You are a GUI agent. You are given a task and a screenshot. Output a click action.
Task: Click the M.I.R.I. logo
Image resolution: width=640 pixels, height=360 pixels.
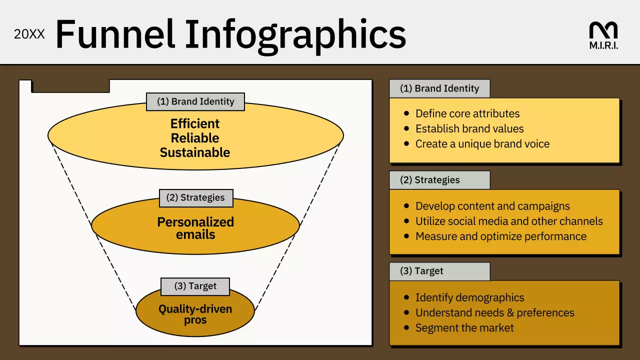[x=603, y=35]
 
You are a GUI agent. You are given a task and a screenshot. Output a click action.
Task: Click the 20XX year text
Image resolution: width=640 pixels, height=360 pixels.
[x=29, y=34]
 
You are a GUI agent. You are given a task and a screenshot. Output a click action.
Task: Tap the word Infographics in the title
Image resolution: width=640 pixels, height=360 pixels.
[x=295, y=33]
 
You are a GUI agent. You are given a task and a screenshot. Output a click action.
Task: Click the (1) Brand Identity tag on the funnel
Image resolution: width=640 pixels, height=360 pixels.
[x=195, y=101]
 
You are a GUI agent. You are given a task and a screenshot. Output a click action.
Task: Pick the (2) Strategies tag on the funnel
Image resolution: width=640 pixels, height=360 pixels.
[x=195, y=197]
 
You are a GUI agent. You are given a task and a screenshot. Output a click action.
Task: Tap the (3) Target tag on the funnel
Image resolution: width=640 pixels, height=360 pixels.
[x=195, y=286]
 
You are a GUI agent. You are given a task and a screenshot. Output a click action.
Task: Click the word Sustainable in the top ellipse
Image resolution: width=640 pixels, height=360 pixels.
[x=195, y=152]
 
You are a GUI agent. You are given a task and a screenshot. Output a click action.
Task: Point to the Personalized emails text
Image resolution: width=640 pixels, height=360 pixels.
[x=195, y=228]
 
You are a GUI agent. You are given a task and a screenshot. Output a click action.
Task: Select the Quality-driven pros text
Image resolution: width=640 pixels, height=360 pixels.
[x=195, y=314]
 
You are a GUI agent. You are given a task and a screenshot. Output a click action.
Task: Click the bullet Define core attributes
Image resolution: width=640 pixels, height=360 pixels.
[x=467, y=113]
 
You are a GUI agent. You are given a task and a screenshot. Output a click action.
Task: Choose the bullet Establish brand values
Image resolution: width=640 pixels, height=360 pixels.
[x=469, y=128]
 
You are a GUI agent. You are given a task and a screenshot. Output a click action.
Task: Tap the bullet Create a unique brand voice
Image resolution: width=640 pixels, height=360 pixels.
[x=482, y=144]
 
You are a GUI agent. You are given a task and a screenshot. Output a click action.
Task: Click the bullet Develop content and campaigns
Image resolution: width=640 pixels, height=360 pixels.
[x=492, y=206]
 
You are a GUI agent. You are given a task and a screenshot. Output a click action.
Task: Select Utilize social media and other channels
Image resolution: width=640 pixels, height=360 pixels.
[x=509, y=221]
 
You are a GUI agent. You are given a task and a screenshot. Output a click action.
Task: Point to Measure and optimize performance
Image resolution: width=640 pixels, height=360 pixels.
[x=500, y=236]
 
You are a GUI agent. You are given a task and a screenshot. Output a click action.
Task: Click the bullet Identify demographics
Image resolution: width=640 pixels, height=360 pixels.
[x=469, y=297]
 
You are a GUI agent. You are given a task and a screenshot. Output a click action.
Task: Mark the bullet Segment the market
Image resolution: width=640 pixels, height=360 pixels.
[x=464, y=328]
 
